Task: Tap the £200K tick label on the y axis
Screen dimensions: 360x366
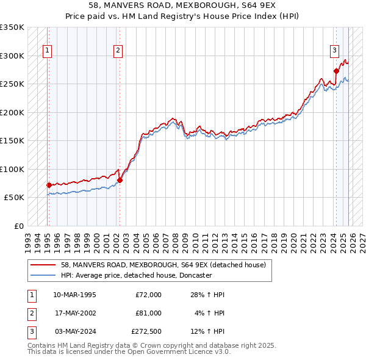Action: [12, 112]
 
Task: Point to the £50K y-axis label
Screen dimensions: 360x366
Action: [14, 198]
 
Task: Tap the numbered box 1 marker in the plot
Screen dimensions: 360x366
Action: [48, 51]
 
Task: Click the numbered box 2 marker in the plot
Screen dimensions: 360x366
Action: [118, 51]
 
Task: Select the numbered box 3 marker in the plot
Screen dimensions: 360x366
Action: [335, 51]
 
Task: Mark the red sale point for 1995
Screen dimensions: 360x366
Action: [49, 185]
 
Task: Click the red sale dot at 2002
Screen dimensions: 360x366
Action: [120, 180]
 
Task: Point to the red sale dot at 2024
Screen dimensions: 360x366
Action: [336, 71]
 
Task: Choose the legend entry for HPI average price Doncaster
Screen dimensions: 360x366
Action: [136, 276]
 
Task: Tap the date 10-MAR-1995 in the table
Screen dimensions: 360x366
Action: [74, 295]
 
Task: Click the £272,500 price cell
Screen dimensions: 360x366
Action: [146, 331]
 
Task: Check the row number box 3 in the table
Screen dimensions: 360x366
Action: [31, 331]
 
